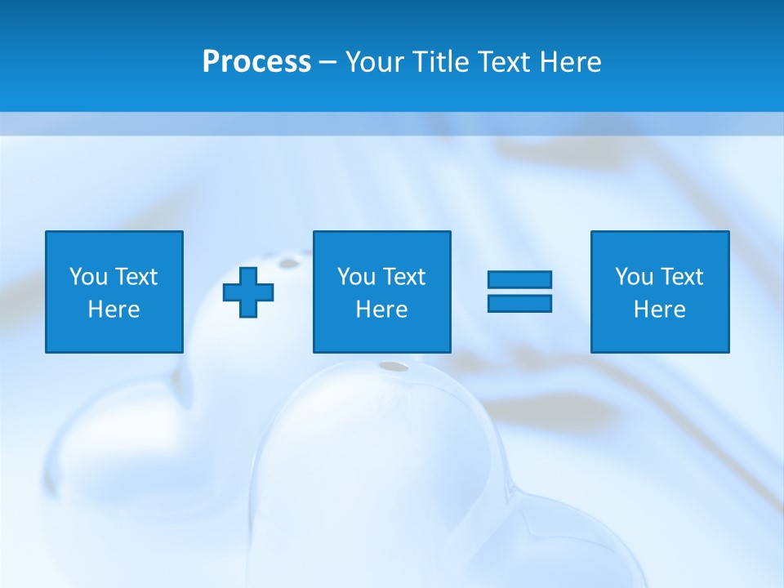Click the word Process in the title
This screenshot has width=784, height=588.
[256, 62]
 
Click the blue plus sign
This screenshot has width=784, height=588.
[248, 292]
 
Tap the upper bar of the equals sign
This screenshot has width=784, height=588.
[519, 279]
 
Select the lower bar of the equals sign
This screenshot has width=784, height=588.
[519, 303]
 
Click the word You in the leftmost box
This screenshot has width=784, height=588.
[88, 277]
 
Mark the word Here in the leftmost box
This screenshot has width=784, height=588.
[114, 310]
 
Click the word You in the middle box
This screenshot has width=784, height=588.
[356, 277]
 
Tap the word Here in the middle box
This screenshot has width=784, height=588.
[381, 310]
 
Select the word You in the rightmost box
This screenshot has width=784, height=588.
[634, 277]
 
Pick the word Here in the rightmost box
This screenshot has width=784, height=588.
[659, 310]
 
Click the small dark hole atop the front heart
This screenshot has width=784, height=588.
[394, 366]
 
